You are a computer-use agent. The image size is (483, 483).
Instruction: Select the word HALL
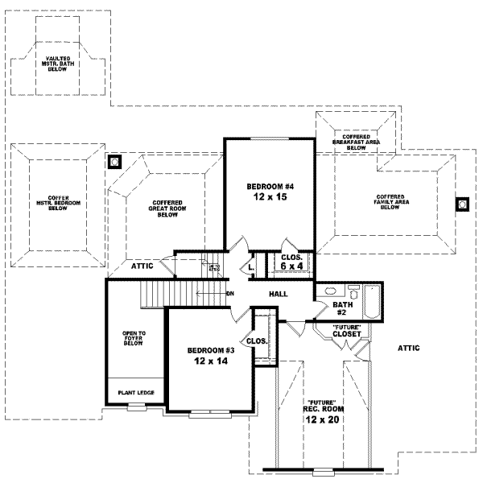click(x=279, y=295)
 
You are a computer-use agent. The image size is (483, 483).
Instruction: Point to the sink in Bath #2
click(x=328, y=292)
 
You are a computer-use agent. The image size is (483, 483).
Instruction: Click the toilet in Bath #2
click(x=353, y=291)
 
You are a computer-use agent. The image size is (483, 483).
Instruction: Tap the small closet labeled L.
click(x=251, y=266)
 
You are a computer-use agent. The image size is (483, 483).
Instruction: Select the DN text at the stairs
click(x=229, y=293)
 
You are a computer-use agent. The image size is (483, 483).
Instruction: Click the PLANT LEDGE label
click(x=136, y=393)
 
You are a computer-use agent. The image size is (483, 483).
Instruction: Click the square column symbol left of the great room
click(x=115, y=161)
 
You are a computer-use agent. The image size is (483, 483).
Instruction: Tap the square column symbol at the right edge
click(x=463, y=204)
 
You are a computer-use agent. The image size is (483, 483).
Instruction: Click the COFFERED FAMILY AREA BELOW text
click(x=390, y=202)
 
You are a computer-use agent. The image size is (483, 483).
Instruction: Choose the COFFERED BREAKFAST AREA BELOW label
click(x=355, y=142)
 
